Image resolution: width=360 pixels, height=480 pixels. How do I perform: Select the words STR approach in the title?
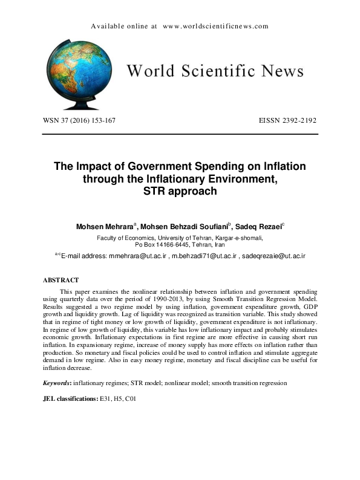pyautogui.click(x=180, y=192)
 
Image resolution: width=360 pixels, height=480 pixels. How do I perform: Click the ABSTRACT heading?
pyautogui.click(x=61, y=281)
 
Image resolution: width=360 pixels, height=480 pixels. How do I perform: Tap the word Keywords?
pyautogui.click(x=56, y=383)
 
